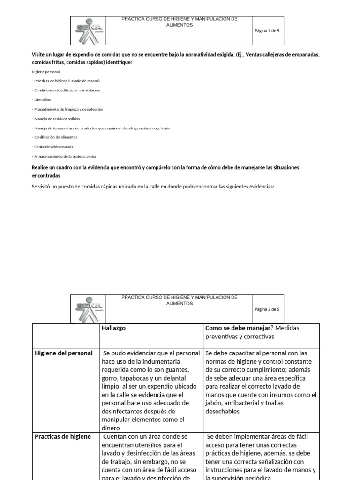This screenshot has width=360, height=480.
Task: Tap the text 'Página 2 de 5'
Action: click(x=267, y=309)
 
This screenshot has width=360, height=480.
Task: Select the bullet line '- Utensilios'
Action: click(x=42, y=99)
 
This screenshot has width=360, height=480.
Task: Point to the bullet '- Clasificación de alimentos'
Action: click(x=55, y=137)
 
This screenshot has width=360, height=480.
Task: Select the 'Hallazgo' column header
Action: click(x=113, y=328)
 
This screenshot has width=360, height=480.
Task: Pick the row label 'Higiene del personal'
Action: click(x=64, y=353)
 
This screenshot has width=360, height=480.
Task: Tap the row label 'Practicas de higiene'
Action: click(x=63, y=436)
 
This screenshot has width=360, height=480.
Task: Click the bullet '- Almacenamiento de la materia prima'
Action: click(x=64, y=156)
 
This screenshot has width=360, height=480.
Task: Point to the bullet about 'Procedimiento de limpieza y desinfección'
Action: click(x=67, y=109)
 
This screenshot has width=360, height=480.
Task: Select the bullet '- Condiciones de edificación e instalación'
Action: click(x=66, y=90)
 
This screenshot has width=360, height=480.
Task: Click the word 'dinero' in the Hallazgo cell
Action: click(x=112, y=428)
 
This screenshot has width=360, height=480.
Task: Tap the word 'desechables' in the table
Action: click(x=223, y=411)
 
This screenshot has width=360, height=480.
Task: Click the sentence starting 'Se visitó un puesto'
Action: click(x=152, y=187)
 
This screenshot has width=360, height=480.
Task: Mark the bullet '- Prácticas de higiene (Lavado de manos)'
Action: click(x=66, y=81)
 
